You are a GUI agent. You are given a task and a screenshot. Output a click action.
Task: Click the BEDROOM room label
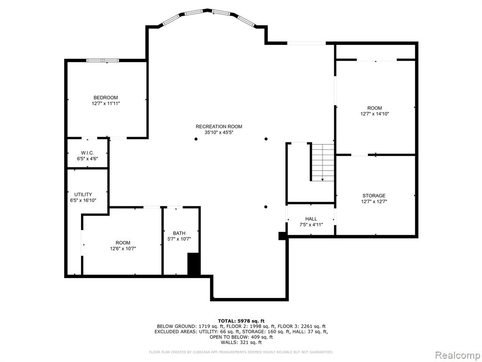click(106, 98)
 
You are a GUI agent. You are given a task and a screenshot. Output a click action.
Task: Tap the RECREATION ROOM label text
click(219, 126)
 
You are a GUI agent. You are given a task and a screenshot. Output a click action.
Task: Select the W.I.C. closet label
click(87, 153)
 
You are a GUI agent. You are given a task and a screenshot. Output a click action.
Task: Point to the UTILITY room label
click(83, 195)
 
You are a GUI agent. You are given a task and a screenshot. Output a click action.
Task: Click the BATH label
click(179, 233)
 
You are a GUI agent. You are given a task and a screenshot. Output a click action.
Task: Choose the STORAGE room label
click(374, 196)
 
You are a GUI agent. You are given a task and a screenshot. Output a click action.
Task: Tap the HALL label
click(311, 219)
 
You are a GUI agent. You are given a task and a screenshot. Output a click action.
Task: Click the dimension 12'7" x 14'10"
click(375, 114)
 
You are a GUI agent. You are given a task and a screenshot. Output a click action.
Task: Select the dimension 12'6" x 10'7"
click(123, 248)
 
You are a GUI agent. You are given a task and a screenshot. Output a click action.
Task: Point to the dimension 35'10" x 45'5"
click(219, 132)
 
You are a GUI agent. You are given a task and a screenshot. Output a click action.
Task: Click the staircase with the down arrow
click(322, 162)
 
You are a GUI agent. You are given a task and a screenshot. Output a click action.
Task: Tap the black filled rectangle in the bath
click(194, 264)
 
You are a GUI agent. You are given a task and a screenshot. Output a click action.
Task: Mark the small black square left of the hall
click(282, 236)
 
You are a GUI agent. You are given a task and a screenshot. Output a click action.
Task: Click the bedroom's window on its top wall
click(103, 60)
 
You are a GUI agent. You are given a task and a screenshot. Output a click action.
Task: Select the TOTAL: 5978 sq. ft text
click(241, 321)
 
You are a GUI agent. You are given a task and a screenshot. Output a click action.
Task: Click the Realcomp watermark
click(458, 355)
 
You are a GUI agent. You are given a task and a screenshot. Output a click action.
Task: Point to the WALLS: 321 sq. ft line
click(241, 342)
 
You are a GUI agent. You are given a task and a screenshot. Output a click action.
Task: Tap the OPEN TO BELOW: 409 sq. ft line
click(241, 337)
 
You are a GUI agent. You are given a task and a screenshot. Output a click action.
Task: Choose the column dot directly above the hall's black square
click(266, 207)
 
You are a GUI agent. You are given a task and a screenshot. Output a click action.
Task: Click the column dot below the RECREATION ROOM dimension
click(196, 139)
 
